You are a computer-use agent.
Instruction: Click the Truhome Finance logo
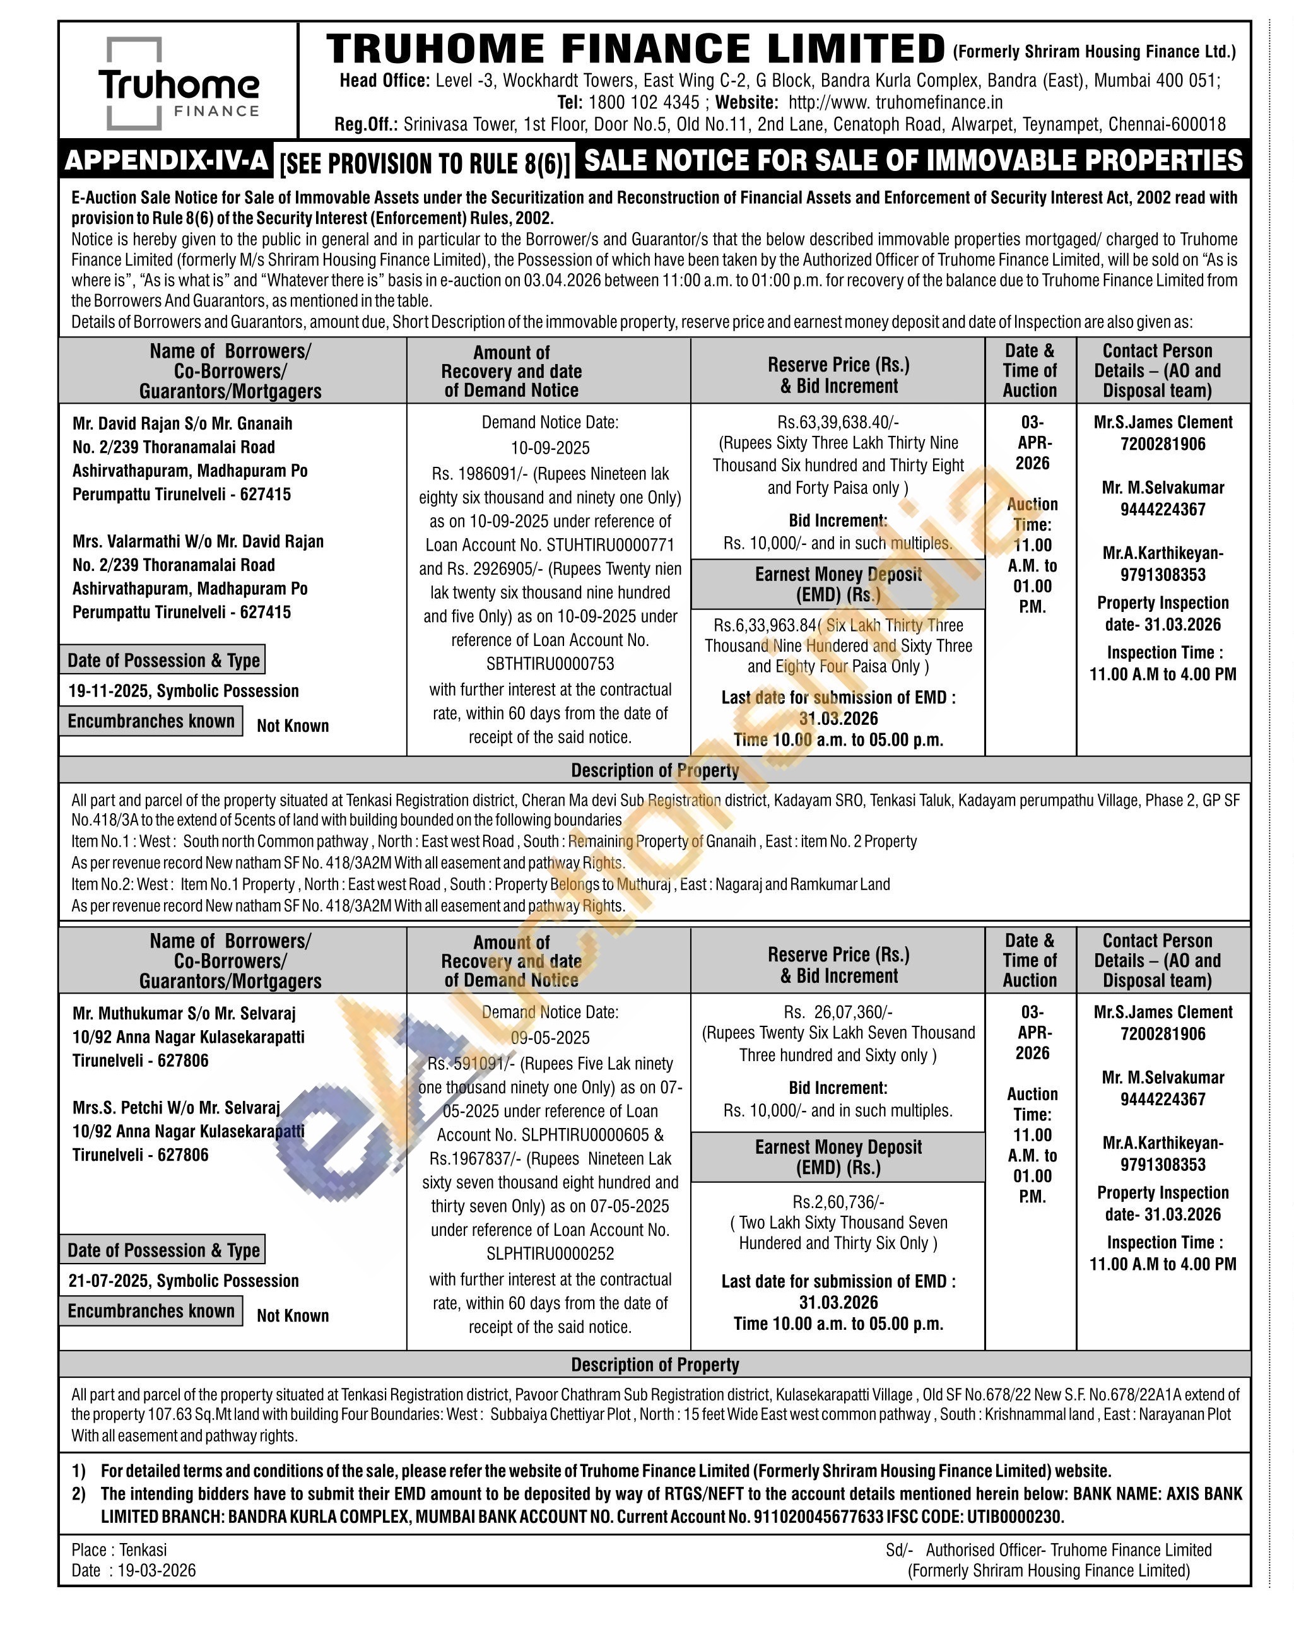click(179, 83)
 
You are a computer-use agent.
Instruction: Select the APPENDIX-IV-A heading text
click(167, 161)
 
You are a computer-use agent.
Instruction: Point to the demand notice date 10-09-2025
click(550, 448)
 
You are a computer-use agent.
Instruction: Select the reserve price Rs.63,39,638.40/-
click(838, 422)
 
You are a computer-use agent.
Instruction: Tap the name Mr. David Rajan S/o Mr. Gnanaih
click(182, 423)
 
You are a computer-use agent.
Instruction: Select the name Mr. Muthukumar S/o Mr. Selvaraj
click(184, 1014)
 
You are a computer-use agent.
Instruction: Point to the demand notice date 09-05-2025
click(550, 1038)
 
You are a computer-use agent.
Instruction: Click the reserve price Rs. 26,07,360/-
click(838, 1012)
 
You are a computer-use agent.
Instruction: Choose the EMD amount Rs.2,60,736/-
click(838, 1202)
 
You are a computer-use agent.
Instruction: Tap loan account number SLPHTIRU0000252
click(550, 1254)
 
